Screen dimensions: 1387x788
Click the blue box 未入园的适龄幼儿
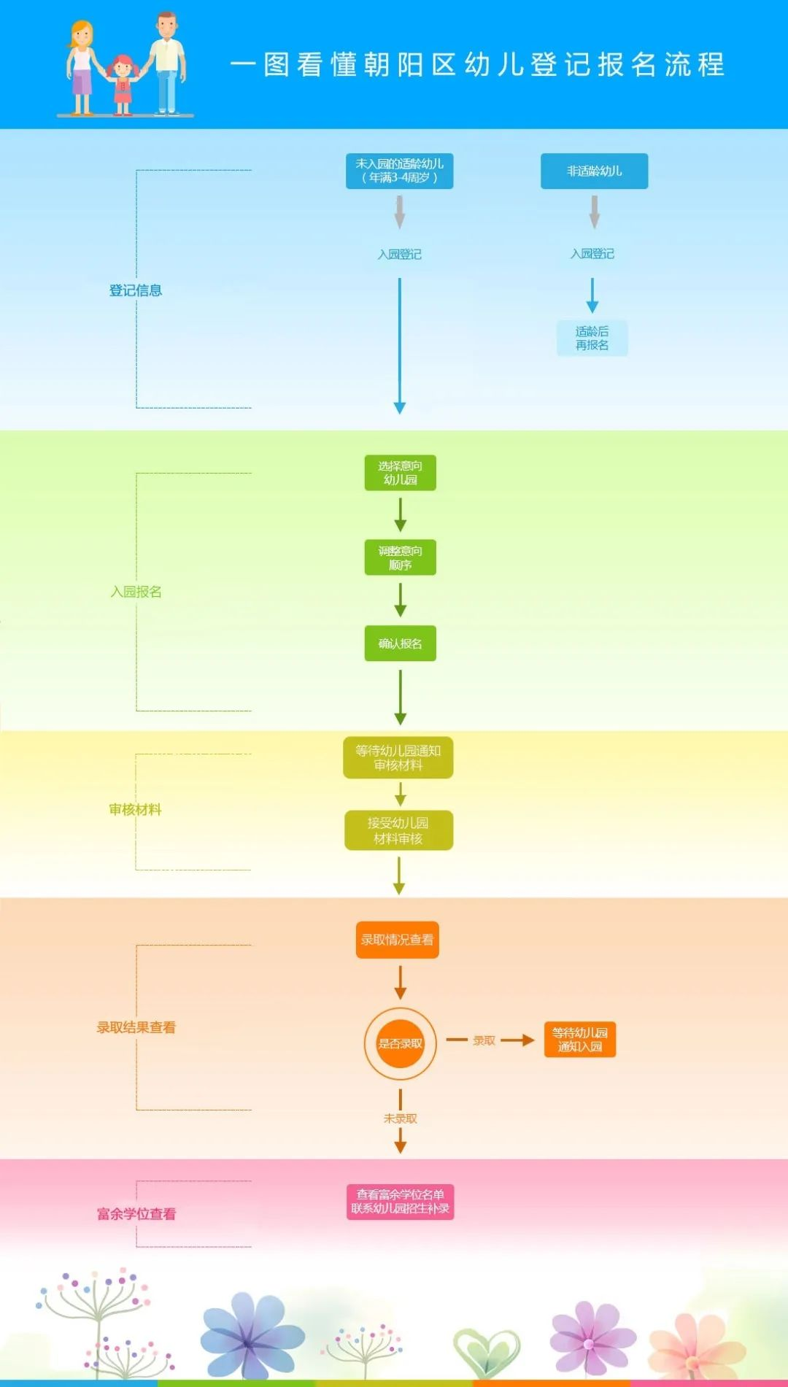coord(399,171)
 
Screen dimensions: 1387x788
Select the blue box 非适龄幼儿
coord(594,171)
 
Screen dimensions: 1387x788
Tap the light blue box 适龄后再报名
coord(592,339)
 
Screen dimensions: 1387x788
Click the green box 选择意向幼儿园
coord(400,473)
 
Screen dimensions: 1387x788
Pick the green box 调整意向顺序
coord(400,557)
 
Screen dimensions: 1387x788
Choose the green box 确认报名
coord(400,644)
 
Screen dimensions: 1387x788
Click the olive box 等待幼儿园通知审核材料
coord(398,758)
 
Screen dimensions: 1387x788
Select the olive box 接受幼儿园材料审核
coord(398,830)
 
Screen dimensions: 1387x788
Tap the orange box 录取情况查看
coord(398,940)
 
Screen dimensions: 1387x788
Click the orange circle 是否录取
coord(400,1043)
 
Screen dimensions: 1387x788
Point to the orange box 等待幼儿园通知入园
coord(580,1040)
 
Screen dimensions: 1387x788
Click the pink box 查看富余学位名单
coord(400,1202)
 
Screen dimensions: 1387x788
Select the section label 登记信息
coord(136,290)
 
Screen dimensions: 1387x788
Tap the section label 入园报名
coord(136,592)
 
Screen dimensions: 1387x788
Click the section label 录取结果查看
coord(136,1027)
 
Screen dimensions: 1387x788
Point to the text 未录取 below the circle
coord(400,1119)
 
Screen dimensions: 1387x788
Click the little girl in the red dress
coord(123,82)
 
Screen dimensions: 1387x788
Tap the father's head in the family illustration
coord(167,25)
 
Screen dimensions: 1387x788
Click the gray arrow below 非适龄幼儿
coord(594,212)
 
